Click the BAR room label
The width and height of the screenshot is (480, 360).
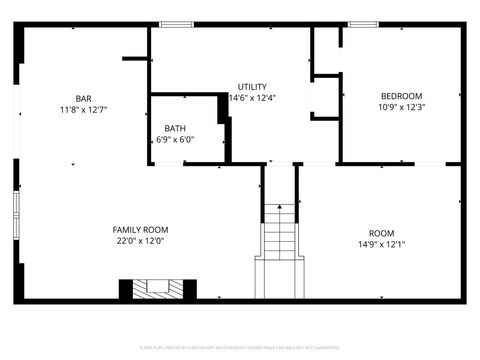[x=83, y=98]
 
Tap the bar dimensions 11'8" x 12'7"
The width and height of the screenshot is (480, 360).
[x=83, y=109]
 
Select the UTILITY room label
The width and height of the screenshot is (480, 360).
[x=252, y=87]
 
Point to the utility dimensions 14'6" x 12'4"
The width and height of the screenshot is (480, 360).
[x=252, y=98]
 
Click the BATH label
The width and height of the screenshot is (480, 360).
[x=175, y=128]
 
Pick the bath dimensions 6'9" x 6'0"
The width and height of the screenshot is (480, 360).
[x=175, y=139]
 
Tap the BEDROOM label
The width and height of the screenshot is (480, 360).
[x=401, y=96]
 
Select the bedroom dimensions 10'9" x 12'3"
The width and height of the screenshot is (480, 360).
[x=401, y=107]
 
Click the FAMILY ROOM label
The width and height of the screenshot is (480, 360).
[x=140, y=230]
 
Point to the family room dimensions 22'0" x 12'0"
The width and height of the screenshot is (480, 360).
[x=140, y=241]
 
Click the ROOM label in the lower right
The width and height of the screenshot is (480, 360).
[x=381, y=233]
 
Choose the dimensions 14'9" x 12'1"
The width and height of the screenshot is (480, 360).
[x=381, y=244]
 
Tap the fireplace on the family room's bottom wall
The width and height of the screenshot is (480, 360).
[x=152, y=289]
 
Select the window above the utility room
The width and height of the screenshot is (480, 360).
[x=176, y=24]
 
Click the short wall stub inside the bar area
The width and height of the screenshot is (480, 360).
[x=136, y=59]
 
